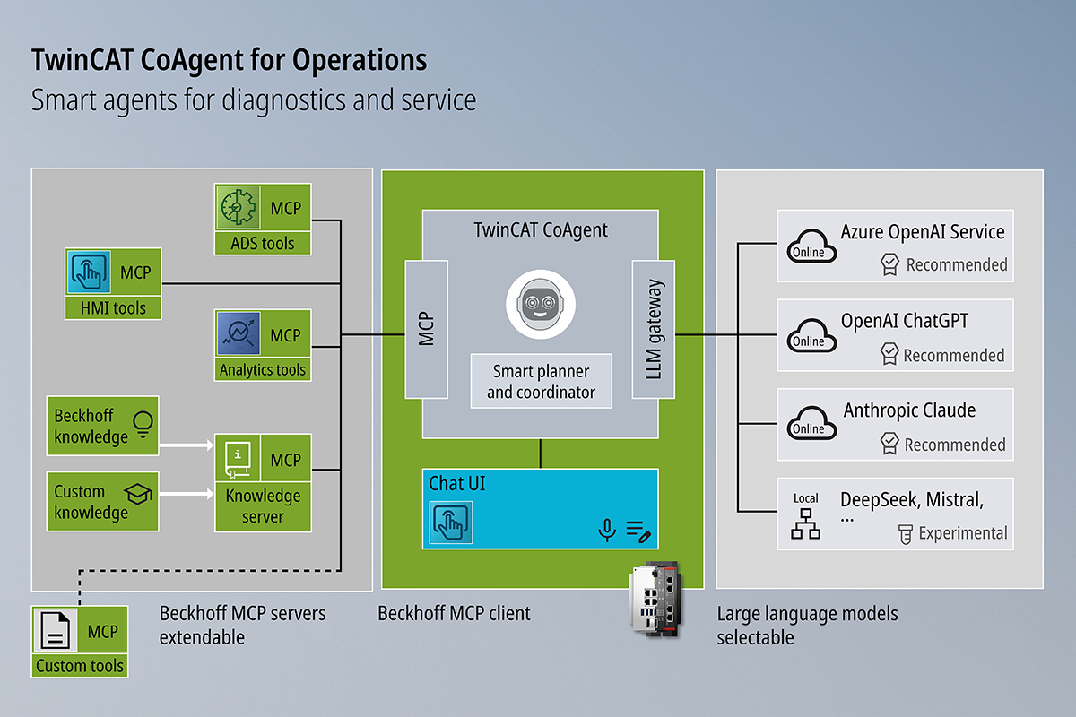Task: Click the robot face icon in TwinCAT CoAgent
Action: coord(540,304)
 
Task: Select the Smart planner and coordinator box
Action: coord(541,381)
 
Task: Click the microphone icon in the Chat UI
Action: coord(607,531)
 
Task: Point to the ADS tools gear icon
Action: coord(238,209)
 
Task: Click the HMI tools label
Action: coord(113,308)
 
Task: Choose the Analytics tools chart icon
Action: coord(238,335)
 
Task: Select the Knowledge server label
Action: coord(263,506)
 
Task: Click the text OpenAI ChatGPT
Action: coord(905,321)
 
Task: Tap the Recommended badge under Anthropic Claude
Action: coord(944,444)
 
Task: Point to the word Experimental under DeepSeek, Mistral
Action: coord(963,533)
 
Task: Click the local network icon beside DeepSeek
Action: coord(805,524)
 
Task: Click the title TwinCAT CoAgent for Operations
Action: coord(230,60)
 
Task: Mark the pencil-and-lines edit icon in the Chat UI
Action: coord(638,531)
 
